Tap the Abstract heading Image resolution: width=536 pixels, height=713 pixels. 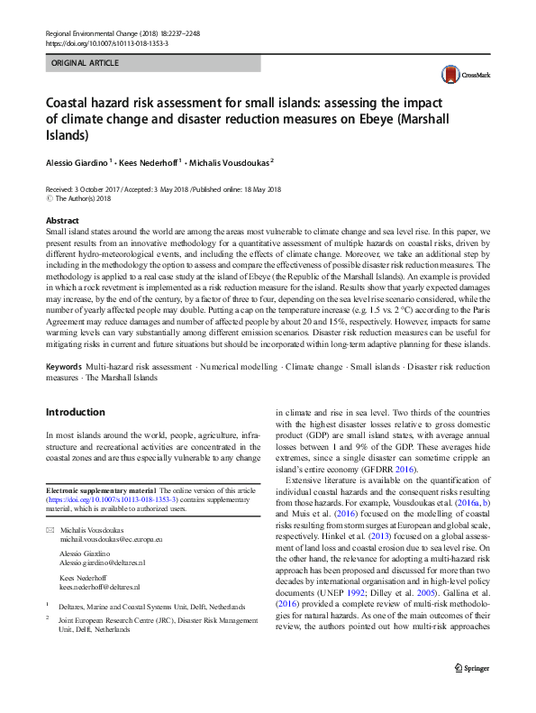point(62,221)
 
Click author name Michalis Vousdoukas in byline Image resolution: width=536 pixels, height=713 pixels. point(230,163)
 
